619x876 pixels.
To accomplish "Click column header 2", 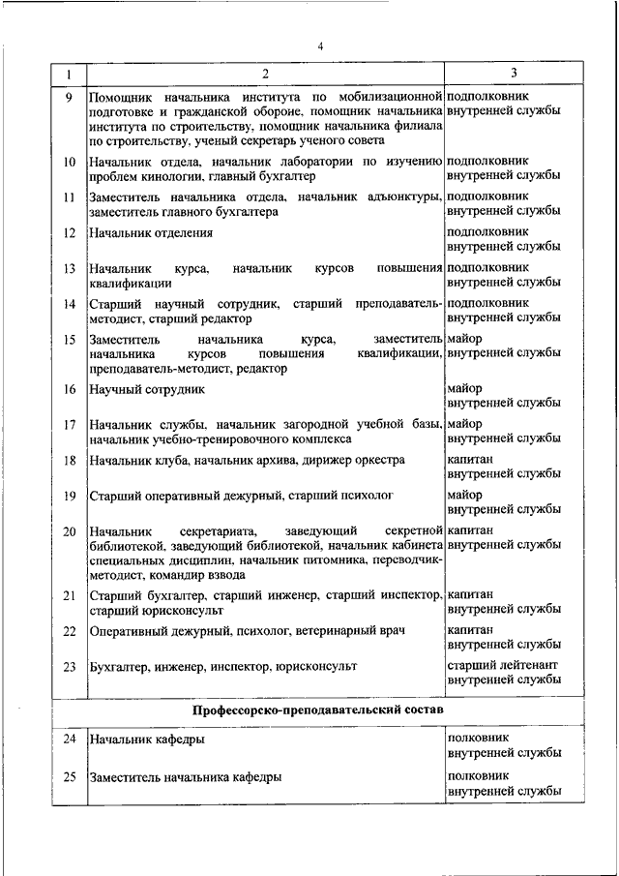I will (263, 74).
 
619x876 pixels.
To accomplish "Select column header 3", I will (515, 74).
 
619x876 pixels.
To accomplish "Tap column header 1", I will (68, 74).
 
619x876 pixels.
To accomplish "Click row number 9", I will (68, 98).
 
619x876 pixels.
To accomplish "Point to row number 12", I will (68, 233).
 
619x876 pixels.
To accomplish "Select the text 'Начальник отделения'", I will (150, 233).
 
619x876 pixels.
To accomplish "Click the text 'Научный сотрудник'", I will (144, 389).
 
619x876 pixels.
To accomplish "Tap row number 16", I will (68, 389).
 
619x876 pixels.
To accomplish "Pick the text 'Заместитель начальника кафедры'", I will (185, 777).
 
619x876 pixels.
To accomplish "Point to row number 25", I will (68, 777).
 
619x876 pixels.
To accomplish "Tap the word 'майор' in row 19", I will (466, 496).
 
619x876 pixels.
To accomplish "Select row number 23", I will (68, 667).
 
